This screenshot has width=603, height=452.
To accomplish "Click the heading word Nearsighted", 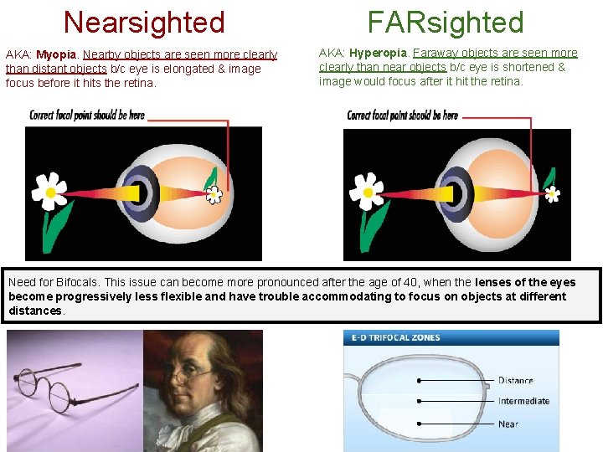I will click(144, 22).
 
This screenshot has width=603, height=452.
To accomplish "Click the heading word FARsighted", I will click(446, 23).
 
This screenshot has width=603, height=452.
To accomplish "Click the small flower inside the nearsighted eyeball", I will click(214, 194).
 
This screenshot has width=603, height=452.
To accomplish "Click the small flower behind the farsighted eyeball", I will click(551, 194).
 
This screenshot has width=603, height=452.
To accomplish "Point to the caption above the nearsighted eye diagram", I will click(87, 116).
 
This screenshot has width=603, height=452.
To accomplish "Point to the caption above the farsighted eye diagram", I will click(403, 116).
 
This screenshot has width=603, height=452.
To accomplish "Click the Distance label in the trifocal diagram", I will click(515, 380).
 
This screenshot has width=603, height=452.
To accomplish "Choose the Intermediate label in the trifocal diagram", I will click(523, 401).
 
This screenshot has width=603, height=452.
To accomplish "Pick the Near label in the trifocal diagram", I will click(508, 424).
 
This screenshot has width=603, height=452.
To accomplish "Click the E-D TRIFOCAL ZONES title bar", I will click(451, 337).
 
